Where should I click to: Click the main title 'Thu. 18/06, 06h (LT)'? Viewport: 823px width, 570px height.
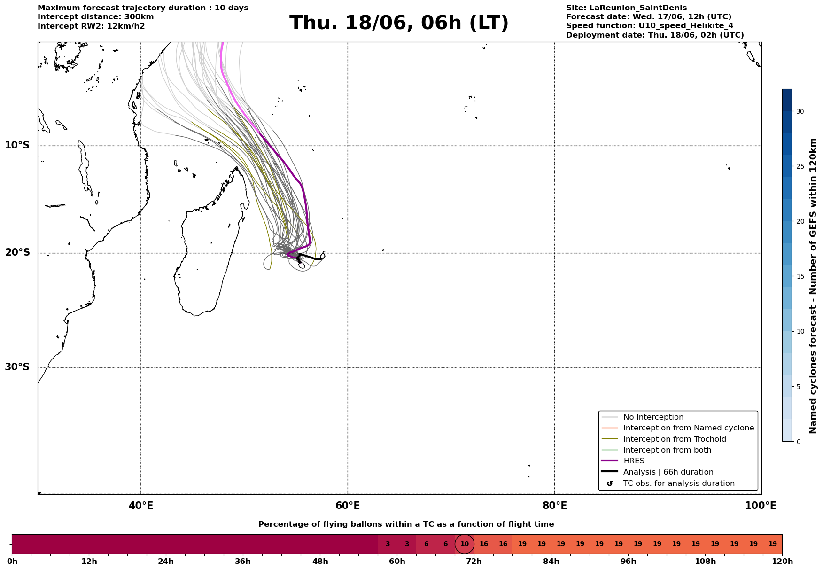(399, 23)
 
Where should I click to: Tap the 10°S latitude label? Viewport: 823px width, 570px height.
(17, 145)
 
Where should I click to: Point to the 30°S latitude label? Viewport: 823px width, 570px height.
(17, 367)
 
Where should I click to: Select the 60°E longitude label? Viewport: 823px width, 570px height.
(348, 506)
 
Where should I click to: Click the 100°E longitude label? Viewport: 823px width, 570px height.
(761, 506)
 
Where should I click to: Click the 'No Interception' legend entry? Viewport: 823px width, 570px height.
(642, 417)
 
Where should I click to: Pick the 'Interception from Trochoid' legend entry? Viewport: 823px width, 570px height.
(663, 439)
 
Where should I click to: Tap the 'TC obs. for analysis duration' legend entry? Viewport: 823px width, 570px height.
(668, 484)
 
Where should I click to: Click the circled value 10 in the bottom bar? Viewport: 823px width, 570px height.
(465, 544)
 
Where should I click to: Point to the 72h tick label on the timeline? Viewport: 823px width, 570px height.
(474, 562)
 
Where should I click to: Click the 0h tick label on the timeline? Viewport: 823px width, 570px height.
(12, 562)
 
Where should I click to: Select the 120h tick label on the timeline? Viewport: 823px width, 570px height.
(782, 562)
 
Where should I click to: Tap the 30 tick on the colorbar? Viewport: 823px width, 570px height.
(800, 111)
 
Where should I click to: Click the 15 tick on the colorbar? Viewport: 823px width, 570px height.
(800, 276)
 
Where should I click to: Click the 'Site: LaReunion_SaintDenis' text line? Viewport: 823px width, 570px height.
(626, 8)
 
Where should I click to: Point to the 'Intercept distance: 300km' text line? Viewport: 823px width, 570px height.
(96, 17)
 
